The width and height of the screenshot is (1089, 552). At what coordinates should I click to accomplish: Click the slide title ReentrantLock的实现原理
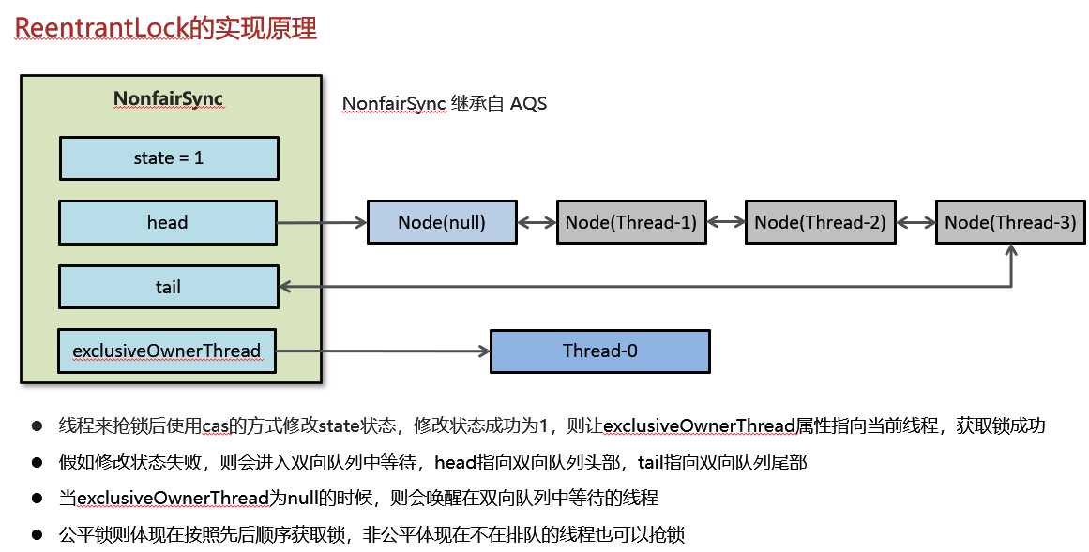coord(166,28)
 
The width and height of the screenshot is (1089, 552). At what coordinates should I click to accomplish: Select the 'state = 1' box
coord(169,158)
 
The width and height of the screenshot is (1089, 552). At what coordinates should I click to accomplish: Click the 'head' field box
coord(168,222)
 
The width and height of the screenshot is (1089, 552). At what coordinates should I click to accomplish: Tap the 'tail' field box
coord(168,287)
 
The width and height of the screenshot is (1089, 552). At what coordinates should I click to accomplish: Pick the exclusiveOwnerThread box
coord(167,351)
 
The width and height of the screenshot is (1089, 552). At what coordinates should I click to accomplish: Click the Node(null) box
coord(442,222)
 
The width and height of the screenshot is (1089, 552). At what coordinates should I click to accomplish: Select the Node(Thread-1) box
coord(630,222)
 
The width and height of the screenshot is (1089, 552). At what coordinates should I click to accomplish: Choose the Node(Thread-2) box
coord(820,222)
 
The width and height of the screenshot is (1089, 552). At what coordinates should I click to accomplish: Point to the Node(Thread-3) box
coord(1010,222)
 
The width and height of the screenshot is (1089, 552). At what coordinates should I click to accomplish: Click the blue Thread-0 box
coord(600,351)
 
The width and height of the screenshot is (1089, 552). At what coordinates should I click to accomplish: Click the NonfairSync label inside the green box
coord(168,99)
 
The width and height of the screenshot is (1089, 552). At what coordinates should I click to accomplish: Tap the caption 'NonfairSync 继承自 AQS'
coord(444,103)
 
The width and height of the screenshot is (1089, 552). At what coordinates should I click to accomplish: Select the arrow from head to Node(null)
coord(321,222)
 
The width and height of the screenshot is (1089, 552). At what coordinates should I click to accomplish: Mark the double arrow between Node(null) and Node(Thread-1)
coord(537,222)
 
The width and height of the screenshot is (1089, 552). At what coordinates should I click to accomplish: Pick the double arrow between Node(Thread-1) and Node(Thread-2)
coord(726,222)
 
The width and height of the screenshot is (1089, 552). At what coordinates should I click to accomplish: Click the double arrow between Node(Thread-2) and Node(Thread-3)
coord(915,222)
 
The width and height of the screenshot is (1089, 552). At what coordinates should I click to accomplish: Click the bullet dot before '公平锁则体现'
coord(38,535)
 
